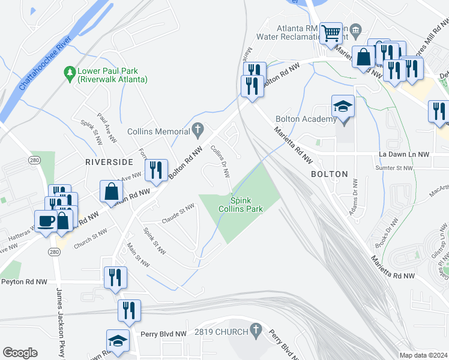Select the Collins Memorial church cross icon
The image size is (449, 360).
click(199, 130)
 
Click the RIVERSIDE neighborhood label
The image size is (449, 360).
click(109, 162)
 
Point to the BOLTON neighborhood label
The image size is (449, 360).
click(329, 174)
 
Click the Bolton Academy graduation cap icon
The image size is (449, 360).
click(343, 107)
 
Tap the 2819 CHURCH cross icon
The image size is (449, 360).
click(256, 329)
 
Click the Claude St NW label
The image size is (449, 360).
click(179, 212)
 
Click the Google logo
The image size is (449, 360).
click(20, 353)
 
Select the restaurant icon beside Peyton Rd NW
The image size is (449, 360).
click(115, 277)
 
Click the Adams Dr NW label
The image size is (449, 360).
click(354, 197)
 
